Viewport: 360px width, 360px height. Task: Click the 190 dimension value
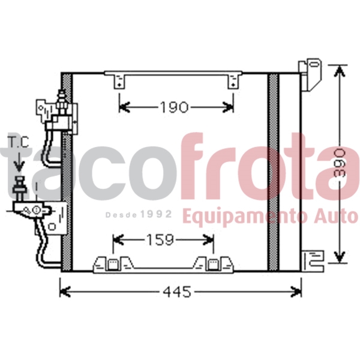174,107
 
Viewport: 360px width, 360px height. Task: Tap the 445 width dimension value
178,292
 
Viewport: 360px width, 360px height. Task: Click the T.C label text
18,143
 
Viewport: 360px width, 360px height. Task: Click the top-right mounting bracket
313,73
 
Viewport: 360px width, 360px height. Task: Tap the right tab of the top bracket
232,81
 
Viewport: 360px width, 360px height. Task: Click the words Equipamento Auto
269,215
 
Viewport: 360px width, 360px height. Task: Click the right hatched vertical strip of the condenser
274,171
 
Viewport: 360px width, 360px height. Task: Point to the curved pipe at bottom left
45,252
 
